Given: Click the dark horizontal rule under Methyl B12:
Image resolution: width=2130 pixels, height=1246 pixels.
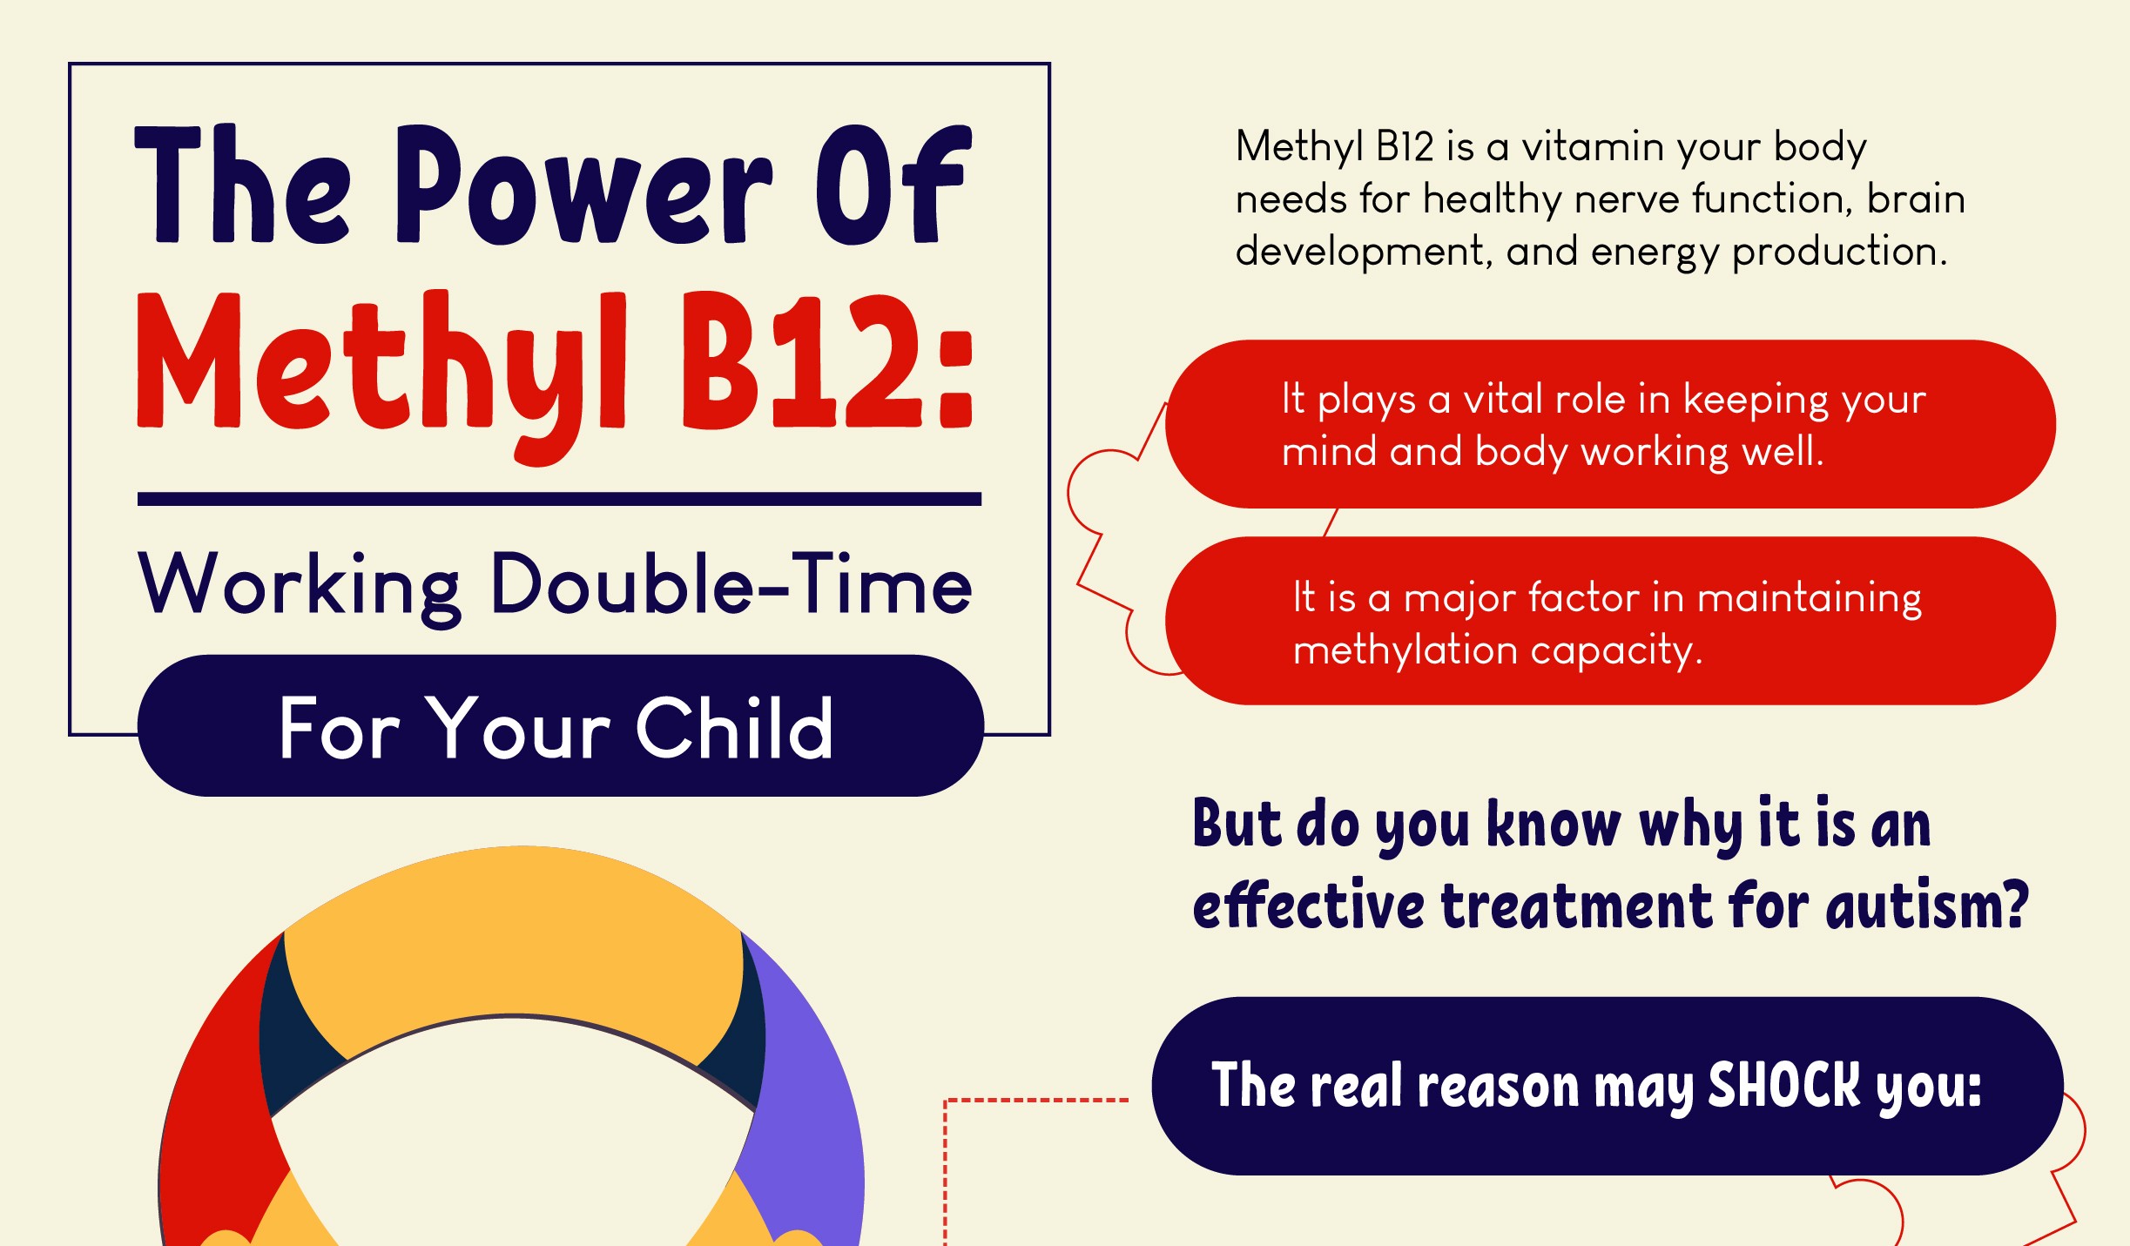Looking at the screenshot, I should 559,499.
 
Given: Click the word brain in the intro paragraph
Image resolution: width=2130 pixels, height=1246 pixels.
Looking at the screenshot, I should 1916,199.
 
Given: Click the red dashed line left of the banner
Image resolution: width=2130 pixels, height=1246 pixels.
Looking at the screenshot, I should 1036,1101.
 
